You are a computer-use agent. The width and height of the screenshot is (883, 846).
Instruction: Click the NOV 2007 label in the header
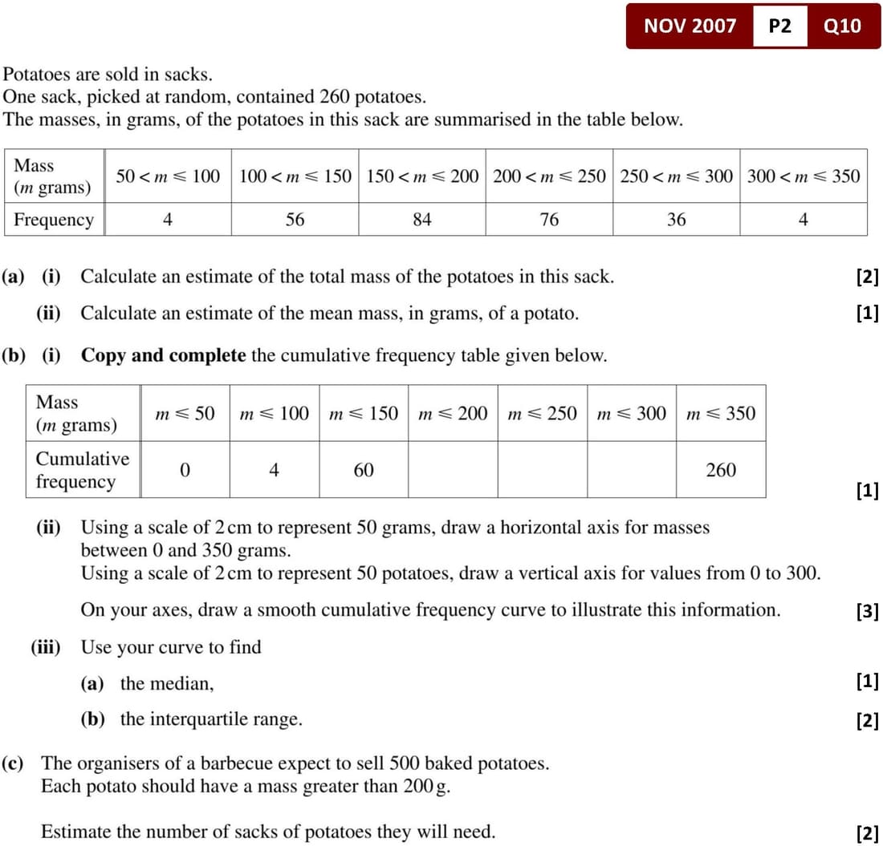(690, 26)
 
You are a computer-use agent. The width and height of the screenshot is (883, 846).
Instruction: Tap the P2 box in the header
(779, 26)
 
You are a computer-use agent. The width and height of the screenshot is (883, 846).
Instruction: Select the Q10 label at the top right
(842, 26)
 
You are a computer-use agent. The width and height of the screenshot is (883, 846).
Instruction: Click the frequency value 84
(422, 219)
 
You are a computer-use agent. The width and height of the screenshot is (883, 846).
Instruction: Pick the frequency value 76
(549, 219)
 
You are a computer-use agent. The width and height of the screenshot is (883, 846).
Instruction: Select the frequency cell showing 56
(295, 219)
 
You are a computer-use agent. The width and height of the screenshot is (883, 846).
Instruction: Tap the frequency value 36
(676, 219)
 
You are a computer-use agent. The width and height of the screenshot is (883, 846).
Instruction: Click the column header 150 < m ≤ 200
(422, 176)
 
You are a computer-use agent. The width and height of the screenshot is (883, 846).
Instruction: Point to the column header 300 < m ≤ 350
(803, 176)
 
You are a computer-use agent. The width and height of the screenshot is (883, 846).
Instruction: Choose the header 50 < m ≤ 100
(168, 176)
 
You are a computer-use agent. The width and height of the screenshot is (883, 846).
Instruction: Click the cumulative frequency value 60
(364, 470)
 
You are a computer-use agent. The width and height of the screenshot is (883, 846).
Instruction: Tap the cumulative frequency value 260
(720, 470)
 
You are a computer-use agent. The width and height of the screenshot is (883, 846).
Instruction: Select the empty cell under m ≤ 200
(453, 470)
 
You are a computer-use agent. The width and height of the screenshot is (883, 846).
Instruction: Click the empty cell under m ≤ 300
(631, 470)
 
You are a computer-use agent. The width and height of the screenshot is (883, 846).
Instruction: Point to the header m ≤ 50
(185, 413)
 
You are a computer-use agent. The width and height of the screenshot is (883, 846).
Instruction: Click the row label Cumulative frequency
(82, 470)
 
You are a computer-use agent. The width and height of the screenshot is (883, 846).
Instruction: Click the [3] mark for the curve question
(867, 611)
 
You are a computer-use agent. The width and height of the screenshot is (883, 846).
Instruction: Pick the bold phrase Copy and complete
(163, 355)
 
